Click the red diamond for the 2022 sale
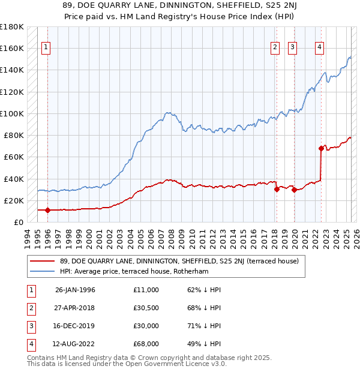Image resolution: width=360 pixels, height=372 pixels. click(x=321, y=148)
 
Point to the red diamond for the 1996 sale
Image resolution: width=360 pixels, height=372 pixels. click(x=48, y=210)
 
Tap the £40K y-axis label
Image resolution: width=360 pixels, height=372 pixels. click(x=14, y=179)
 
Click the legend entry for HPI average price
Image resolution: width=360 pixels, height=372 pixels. click(x=140, y=271)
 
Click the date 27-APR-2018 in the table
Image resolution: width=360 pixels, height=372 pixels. click(x=76, y=308)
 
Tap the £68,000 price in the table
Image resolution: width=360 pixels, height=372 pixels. click(x=146, y=344)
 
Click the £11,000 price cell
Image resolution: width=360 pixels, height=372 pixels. click(x=146, y=290)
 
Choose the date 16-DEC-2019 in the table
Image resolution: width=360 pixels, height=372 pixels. click(x=76, y=326)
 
